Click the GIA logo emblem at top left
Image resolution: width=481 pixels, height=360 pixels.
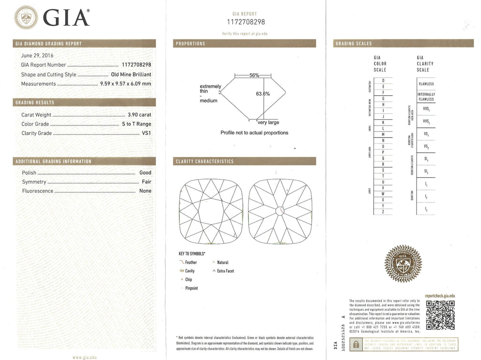25,18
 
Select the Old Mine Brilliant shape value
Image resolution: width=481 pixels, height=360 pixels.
131,75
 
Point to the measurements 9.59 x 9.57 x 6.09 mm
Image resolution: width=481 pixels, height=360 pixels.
126,84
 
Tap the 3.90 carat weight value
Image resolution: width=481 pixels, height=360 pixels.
140,115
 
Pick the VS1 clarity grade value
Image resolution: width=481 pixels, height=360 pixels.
146,133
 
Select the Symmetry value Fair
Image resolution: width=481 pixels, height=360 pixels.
146,182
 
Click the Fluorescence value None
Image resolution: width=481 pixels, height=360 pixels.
145,191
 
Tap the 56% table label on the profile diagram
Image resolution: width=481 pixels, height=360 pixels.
254,75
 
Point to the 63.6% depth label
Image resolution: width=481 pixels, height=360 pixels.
263,94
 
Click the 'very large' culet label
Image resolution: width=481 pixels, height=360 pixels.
268,123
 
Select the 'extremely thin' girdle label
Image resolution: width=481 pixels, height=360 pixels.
210,89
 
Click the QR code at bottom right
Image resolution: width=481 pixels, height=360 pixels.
440,315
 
